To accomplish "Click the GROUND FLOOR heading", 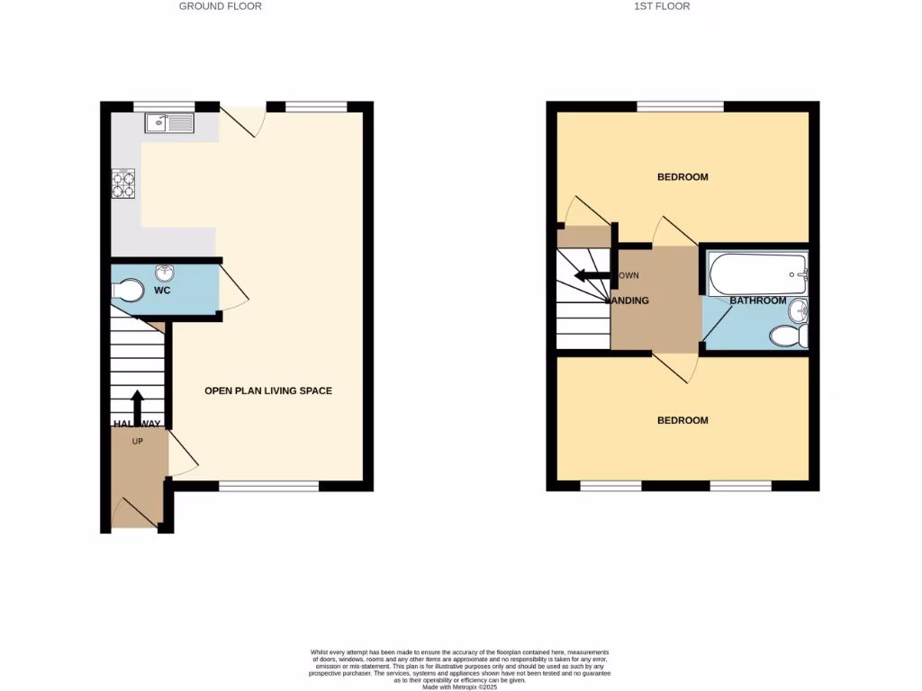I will coord(221,6).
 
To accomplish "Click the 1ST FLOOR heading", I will coord(662,6).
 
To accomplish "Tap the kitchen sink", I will coord(170,122).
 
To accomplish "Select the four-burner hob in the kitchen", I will coord(123,184).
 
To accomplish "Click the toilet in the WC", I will coord(128,291).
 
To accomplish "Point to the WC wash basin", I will coord(165,272).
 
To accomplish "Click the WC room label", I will coord(162,292).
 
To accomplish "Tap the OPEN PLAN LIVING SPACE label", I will coord(268,390).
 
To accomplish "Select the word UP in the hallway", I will coord(138,442).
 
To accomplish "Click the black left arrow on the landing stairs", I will coord(594,275).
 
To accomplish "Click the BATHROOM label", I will coord(757,301).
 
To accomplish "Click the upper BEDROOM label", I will coord(682,177).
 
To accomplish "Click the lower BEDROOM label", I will coord(682,420).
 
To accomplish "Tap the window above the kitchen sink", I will coord(164,106).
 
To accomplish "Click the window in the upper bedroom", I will coord(681,106).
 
